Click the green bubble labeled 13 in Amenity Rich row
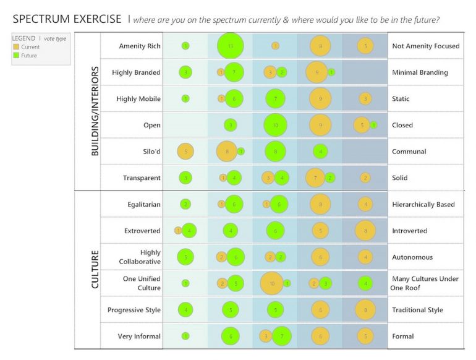coord(231,46)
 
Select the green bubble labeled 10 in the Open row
coord(275,125)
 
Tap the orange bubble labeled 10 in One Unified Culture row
coord(272,283)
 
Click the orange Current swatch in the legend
coord(16,47)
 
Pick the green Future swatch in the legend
coord(16,56)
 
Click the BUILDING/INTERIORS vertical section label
coord(95,111)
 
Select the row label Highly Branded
coord(136,72)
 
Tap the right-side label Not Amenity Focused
coord(425,46)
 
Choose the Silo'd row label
coord(150,152)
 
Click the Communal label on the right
coord(409,152)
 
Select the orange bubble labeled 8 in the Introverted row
coord(365,231)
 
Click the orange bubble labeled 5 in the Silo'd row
coord(185,152)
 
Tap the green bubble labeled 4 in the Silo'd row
coord(320,152)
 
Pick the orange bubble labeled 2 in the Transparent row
coord(365,178)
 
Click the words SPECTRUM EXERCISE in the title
coord(67,19)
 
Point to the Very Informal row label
coord(139,336)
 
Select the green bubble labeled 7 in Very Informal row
coord(281,336)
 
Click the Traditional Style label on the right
coord(417,310)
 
